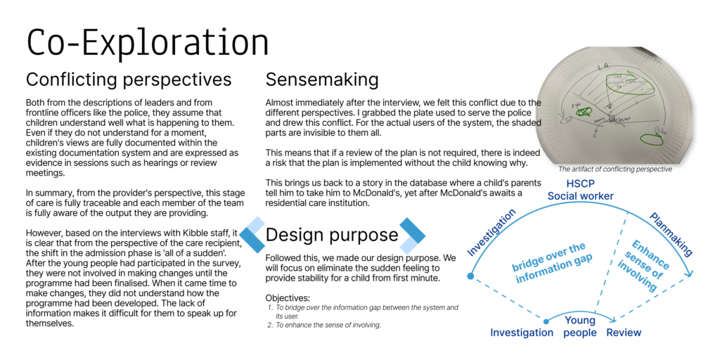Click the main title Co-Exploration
pos(148,43)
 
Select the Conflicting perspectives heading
pos(129,79)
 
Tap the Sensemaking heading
pos(322,79)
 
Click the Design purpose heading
pos(332,235)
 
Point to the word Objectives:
pos(288,298)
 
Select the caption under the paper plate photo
pos(615,169)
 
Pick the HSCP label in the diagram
pos(580,183)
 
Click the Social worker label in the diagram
pos(581,196)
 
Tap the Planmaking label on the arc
pos(671,234)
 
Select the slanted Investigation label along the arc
pos(491,232)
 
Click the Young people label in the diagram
pos(580,326)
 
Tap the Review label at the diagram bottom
pos(624,333)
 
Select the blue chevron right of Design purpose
pos(413,235)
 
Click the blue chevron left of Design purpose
pos(252,235)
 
